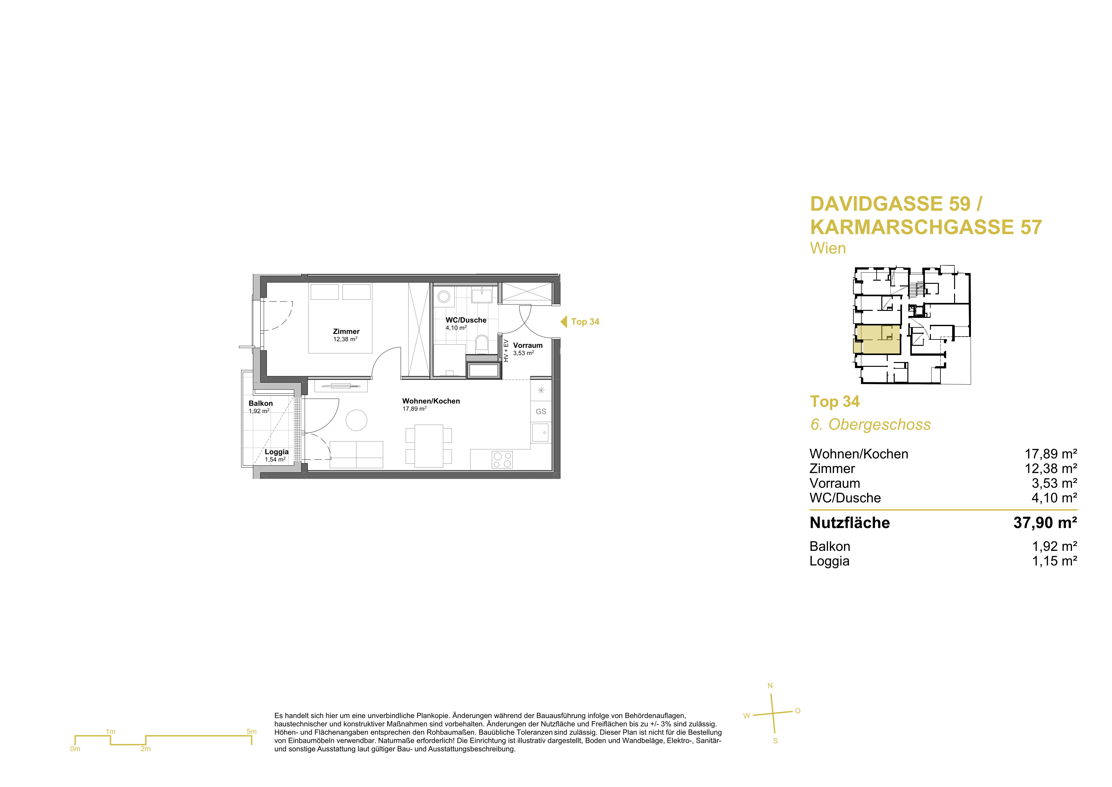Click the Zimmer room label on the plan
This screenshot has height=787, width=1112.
pos(346,332)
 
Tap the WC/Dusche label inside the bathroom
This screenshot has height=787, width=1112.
pos(466,320)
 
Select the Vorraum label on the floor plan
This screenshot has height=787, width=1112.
pos(528,346)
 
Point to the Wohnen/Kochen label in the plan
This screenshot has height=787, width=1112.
pos(431,401)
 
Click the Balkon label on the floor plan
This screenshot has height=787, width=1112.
pos(261,403)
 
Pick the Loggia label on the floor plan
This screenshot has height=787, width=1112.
pos(276,452)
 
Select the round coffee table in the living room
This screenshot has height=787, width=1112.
pos(356,420)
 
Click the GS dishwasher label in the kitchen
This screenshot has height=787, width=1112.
pos(541,411)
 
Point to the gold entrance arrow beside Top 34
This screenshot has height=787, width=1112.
pos(564,322)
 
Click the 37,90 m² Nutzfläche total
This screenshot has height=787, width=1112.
pos(1045,523)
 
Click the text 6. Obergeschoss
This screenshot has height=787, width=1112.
pos(870,425)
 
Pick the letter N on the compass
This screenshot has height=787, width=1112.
pos(770,686)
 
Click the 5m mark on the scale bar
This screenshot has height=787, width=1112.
pos(251,732)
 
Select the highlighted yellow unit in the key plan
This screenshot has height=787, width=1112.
pos(878,340)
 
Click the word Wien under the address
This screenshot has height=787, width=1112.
pos(828,248)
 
